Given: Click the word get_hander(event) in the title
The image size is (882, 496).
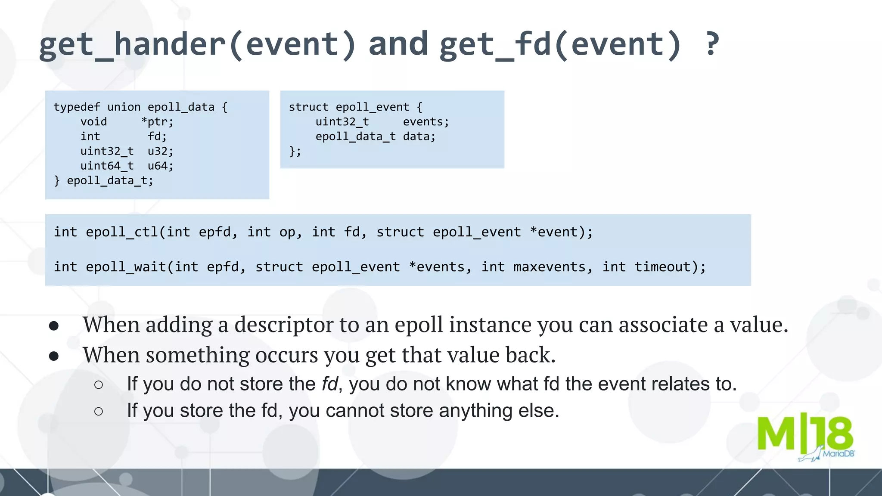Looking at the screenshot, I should tap(197, 45).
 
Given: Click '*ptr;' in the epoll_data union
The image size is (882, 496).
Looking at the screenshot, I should tap(157, 122).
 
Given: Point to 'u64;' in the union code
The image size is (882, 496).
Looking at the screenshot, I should tap(160, 166).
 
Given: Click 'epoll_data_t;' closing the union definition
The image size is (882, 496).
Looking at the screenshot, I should tap(110, 180).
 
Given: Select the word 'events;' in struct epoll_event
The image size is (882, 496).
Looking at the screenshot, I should tap(425, 122).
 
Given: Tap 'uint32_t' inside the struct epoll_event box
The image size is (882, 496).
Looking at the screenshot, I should tap(342, 122).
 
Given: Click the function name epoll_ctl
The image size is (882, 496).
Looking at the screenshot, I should tap(122, 232).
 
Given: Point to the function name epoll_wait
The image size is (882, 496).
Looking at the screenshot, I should tap(126, 267).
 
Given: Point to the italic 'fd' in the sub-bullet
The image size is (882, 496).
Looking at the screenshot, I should tap(329, 384).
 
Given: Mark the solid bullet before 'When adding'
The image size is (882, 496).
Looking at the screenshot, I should tap(54, 326).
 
